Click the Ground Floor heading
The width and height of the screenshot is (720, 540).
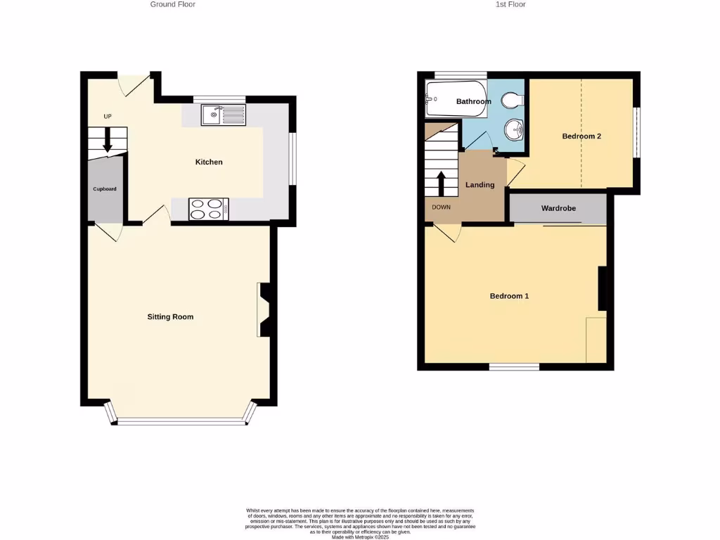tap(173, 4)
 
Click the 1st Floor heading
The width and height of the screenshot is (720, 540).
tap(510, 4)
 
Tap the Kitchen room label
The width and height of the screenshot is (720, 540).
tap(209, 162)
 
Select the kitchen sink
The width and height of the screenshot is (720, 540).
tap(223, 115)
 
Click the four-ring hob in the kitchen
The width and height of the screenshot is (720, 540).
tap(209, 210)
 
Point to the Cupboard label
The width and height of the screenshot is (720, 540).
tap(105, 189)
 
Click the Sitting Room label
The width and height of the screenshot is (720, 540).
tap(170, 317)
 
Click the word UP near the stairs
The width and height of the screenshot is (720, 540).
tap(108, 117)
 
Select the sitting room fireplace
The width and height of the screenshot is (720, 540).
tap(264, 309)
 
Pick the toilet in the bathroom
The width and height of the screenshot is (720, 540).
tap(515, 100)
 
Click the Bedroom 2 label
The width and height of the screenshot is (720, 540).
tap(581, 136)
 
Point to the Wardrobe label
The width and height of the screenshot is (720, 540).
tap(558, 209)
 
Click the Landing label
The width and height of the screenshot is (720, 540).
tap(480, 185)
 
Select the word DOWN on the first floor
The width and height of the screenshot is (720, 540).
tap(442, 207)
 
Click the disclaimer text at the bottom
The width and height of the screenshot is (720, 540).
tap(360, 523)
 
